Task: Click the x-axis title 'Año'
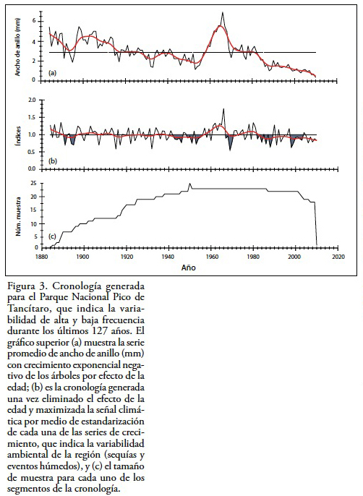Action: (188, 268)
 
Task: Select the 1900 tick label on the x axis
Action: (83, 257)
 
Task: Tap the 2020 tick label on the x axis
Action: (338, 257)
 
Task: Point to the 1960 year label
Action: (210, 257)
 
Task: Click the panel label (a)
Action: (52, 73)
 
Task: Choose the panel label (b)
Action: (52, 161)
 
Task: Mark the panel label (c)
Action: (52, 236)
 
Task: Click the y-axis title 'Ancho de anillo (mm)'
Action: (18, 47)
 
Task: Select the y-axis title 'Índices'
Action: (19, 136)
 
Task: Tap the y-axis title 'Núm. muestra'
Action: (18, 217)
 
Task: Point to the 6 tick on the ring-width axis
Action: (33, 21)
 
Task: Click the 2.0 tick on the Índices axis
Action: (33, 101)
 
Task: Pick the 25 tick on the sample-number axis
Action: (33, 184)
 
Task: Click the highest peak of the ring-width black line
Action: (223, 12)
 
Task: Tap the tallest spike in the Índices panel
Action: (223, 108)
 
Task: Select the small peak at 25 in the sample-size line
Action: (190, 184)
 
